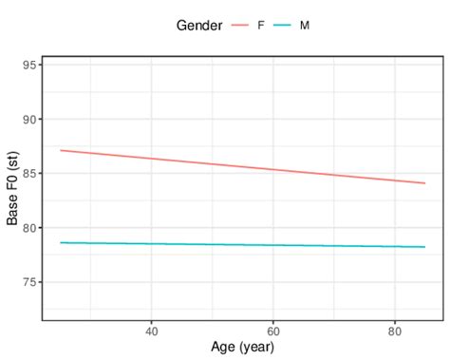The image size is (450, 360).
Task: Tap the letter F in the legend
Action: pos(261,25)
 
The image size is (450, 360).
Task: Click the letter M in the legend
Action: pos(305,25)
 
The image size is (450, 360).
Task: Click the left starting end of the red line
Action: pos(61,150)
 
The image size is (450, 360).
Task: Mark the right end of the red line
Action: pos(424,183)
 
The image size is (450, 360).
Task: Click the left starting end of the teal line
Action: pos(61,242)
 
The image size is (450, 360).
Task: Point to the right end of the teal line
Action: pos(424,247)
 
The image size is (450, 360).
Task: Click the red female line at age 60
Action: pos(272,170)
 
